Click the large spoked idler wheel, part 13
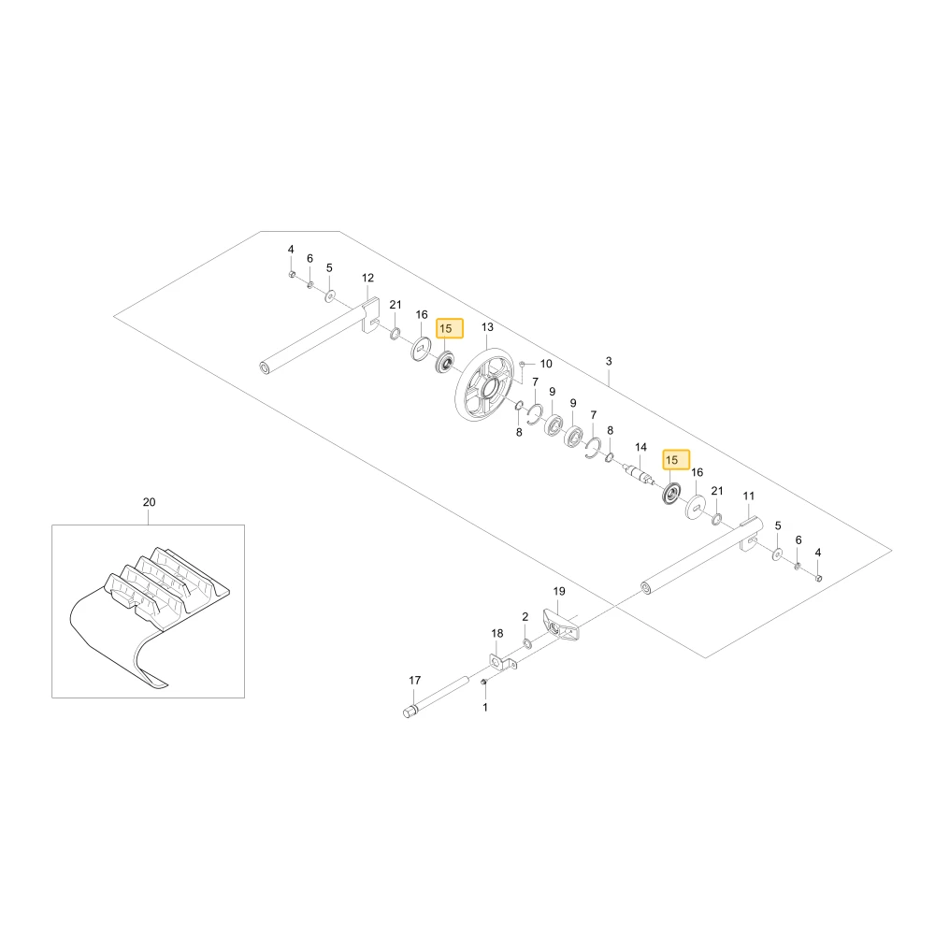coord(484,387)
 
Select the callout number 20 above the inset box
coord(149,502)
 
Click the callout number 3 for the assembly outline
coord(609,361)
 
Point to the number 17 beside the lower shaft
coord(415,680)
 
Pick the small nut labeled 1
coord(483,682)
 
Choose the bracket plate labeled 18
coord(502,662)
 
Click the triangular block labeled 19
coord(560,624)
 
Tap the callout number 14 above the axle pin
coord(640,447)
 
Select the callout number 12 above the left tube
coord(367,278)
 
